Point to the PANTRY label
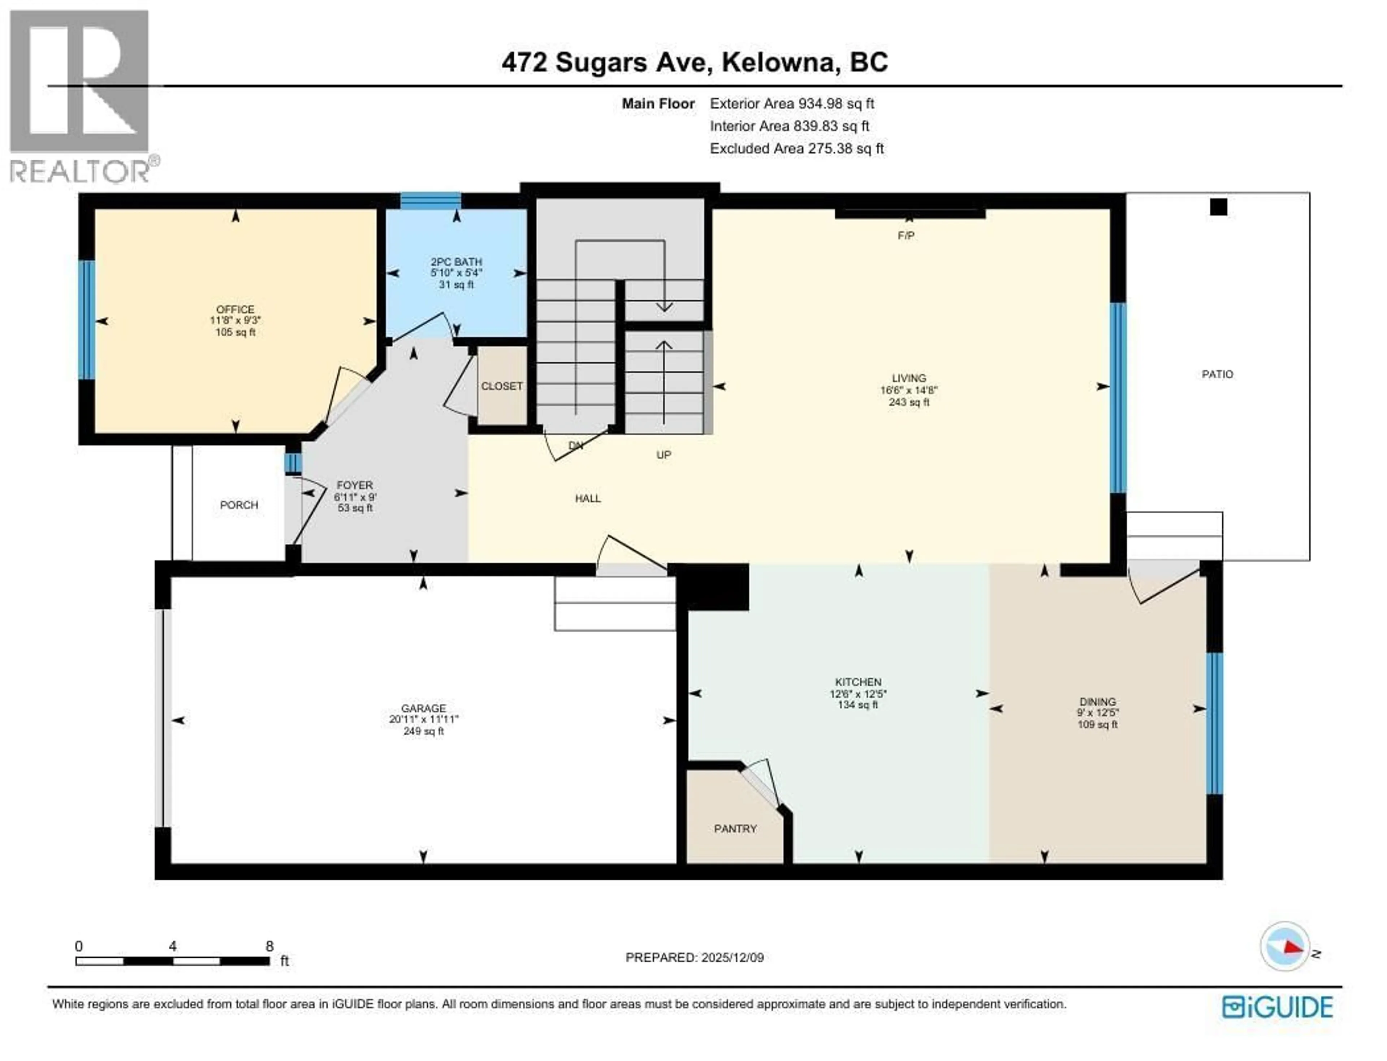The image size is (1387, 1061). click(x=735, y=829)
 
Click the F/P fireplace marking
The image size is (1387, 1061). click(x=906, y=236)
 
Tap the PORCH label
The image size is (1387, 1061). click(x=239, y=505)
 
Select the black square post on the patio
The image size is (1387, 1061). click(x=1218, y=207)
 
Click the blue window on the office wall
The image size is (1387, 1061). click(x=86, y=320)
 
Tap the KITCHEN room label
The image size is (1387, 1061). click(x=857, y=682)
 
